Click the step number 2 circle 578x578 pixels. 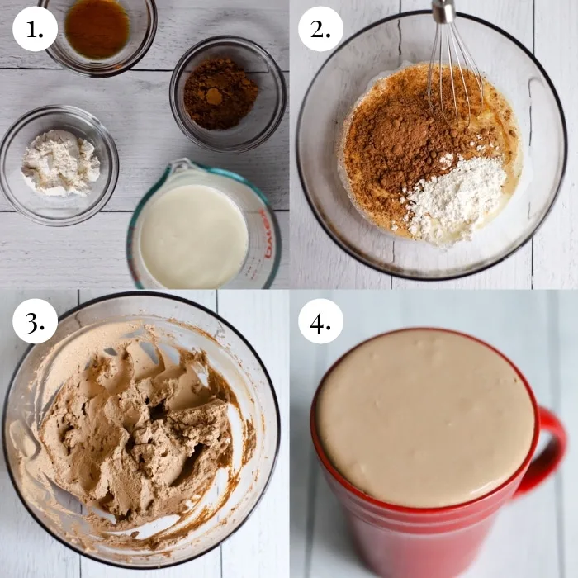320,29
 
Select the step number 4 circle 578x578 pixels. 320,321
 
